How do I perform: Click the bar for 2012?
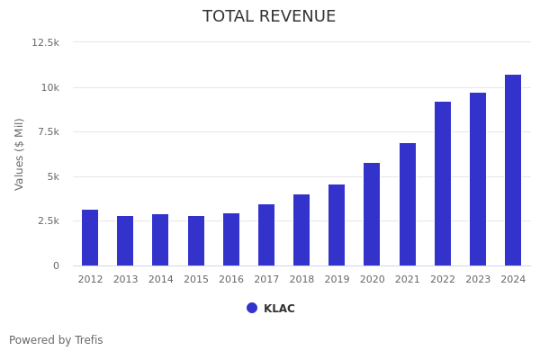pos(90,238)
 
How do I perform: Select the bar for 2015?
pos(196,240)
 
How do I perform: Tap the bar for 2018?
pos(301,229)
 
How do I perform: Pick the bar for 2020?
pos(372,214)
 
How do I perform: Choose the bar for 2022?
pos(443,184)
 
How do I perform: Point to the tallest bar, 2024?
pos(513,170)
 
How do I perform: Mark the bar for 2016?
pos(231,239)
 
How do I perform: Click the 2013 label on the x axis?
pos(125,280)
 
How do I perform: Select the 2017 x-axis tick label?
pos(266,280)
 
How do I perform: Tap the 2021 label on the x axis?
pos(408,280)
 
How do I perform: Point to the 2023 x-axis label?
pos(478,280)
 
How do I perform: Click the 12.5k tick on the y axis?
pos(45,42)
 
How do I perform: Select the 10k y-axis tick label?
pos(49,87)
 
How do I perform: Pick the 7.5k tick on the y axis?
pos(47,131)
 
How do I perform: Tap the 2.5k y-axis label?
pos(47,220)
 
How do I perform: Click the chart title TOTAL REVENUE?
pos(269,17)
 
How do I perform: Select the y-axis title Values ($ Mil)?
pos(20,154)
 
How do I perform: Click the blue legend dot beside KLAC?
pos(252,308)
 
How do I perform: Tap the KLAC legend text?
pos(279,309)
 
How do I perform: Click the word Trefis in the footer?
pos(88,340)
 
